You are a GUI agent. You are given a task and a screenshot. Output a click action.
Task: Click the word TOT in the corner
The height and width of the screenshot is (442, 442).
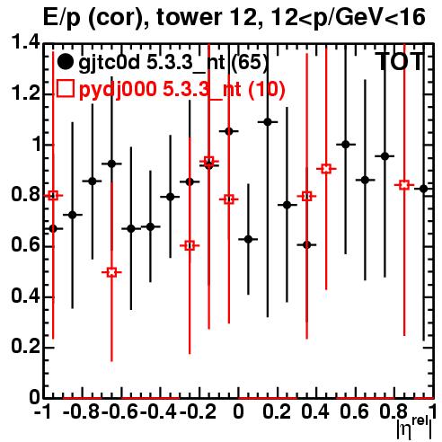[400, 62]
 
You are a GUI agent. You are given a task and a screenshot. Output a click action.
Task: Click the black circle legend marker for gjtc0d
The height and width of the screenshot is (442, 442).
[65, 62]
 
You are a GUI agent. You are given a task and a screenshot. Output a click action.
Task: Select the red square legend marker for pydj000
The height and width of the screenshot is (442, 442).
[65, 88]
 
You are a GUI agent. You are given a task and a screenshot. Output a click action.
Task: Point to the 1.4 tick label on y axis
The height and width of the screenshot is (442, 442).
[25, 42]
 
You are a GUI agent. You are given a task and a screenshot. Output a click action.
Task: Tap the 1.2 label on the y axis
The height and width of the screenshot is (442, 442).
[25, 93]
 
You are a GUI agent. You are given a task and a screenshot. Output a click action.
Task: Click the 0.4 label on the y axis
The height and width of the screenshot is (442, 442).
[25, 296]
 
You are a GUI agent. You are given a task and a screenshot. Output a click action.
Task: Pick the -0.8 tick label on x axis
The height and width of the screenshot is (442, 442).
[82, 411]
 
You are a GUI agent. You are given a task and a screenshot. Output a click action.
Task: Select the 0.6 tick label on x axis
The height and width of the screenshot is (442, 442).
[354, 411]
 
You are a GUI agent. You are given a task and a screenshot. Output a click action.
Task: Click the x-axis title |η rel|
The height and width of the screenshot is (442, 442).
[415, 429]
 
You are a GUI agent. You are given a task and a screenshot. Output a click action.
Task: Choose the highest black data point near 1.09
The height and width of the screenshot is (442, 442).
[268, 122]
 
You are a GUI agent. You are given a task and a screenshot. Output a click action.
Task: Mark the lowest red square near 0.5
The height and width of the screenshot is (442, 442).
[111, 272]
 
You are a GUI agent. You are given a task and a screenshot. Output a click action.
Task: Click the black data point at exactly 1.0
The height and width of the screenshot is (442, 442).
[346, 145]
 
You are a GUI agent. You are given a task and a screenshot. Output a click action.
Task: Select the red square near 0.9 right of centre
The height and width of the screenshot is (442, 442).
[326, 169]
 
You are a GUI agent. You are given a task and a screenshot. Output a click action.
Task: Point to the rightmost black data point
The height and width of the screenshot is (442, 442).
[423, 189]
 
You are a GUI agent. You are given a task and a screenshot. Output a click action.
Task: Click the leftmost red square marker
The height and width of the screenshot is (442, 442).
[53, 196]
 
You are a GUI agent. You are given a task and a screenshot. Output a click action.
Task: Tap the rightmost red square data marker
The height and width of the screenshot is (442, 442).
[404, 185]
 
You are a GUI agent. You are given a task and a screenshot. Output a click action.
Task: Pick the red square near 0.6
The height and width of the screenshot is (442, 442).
[190, 246]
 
